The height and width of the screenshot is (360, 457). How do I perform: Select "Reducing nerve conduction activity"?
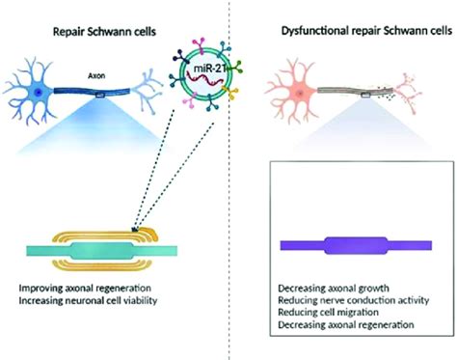(356, 301)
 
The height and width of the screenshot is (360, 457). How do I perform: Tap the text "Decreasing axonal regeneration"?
(351, 327)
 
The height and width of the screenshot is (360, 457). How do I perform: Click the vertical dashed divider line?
(228, 193)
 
